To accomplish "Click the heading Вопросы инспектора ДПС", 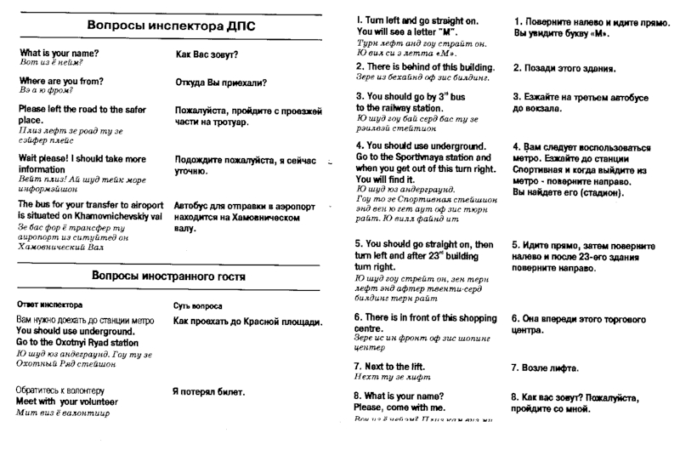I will pos(171,26).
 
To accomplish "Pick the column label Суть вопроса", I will pos(198,305).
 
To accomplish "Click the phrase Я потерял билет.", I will pos(208,392).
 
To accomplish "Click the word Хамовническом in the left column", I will pos(259,218).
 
